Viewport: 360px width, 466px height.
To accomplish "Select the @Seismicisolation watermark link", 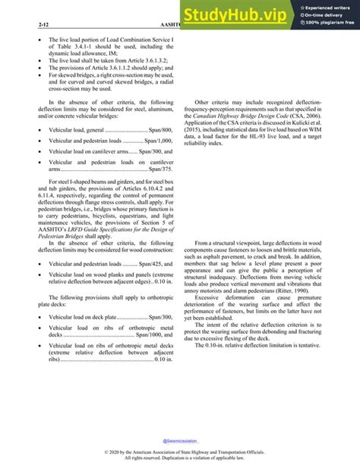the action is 180,440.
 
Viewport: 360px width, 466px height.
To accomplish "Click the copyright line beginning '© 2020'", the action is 180,453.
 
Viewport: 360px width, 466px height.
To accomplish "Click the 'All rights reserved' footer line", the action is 180,459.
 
